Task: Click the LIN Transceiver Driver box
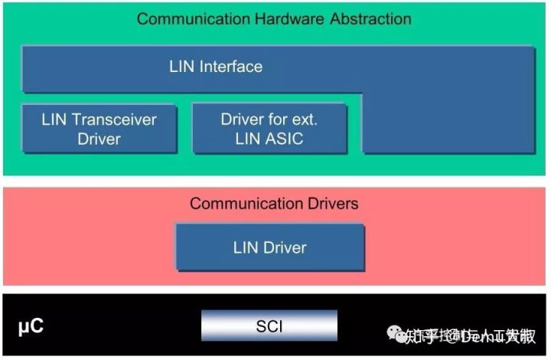(99, 129)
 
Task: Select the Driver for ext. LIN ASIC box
(269, 129)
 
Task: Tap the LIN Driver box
(269, 247)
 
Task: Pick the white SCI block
(269, 326)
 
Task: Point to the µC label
(31, 326)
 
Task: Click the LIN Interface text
(216, 67)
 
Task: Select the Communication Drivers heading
(274, 204)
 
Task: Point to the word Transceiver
(114, 119)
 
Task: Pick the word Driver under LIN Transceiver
(99, 139)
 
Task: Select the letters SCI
(269, 326)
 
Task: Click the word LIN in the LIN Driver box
(246, 247)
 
